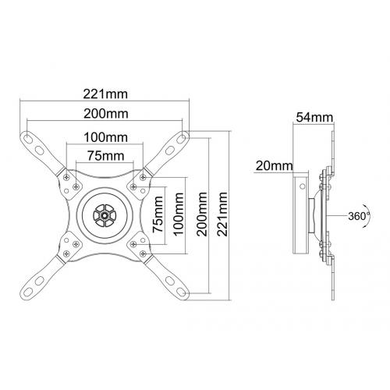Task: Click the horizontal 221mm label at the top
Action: [105, 94]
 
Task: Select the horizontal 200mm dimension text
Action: [106, 114]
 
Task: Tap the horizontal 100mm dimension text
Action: [105, 137]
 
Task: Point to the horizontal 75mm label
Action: [105, 156]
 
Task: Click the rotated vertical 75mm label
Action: [158, 214]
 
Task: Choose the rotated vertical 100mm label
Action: [179, 214]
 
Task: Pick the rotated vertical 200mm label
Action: [202, 214]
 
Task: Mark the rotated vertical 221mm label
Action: [222, 214]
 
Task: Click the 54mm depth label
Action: [314, 118]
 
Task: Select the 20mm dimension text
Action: [275, 165]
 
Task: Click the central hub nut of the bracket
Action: [105, 215]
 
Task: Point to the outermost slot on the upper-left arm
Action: [27, 138]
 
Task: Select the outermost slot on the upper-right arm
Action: [181, 138]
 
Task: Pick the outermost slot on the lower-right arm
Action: [181, 292]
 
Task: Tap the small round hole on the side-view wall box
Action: [302, 186]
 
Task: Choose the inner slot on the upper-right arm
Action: [170, 150]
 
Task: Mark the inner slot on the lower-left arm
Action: [39, 281]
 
